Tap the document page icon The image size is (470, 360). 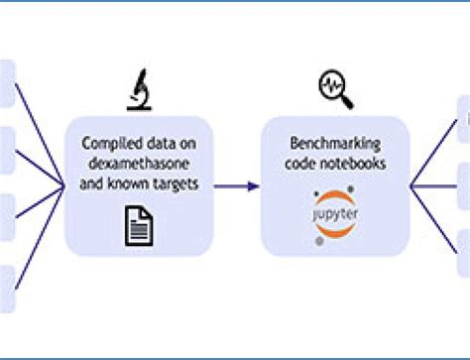click(x=138, y=223)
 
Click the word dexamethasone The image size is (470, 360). click(x=139, y=165)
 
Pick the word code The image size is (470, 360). click(x=299, y=164)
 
